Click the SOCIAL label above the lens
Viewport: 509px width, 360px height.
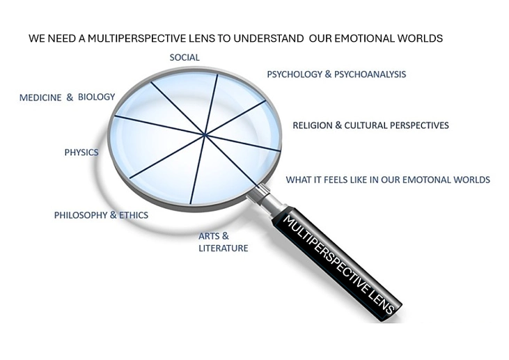pyautogui.click(x=185, y=58)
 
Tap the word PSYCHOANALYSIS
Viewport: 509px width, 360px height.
pyautogui.click(x=370, y=75)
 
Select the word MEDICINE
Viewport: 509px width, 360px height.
pyautogui.click(x=40, y=97)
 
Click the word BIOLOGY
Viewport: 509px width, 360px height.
pyautogui.click(x=96, y=97)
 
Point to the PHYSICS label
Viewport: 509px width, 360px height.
pyautogui.click(x=81, y=152)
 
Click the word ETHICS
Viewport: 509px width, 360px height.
pyautogui.click(x=134, y=215)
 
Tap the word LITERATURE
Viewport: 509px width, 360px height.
pyautogui.click(x=224, y=248)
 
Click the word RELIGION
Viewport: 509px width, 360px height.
pyautogui.click(x=313, y=125)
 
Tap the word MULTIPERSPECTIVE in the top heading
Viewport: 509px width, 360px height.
pyautogui.click(x=151, y=38)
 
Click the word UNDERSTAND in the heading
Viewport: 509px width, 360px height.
pyautogui.click(x=269, y=38)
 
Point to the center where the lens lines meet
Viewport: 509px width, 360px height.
pyautogui.click(x=204, y=134)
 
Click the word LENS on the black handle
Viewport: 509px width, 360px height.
pyautogui.click(x=382, y=300)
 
